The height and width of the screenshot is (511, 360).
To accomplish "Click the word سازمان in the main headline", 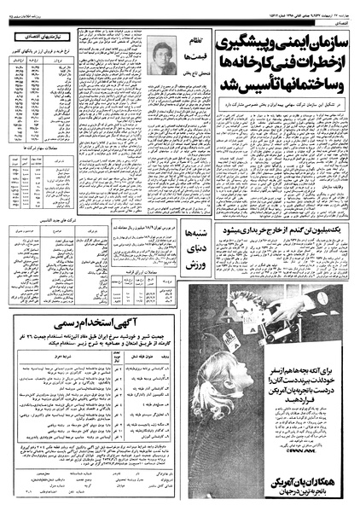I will click(x=322, y=42).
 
